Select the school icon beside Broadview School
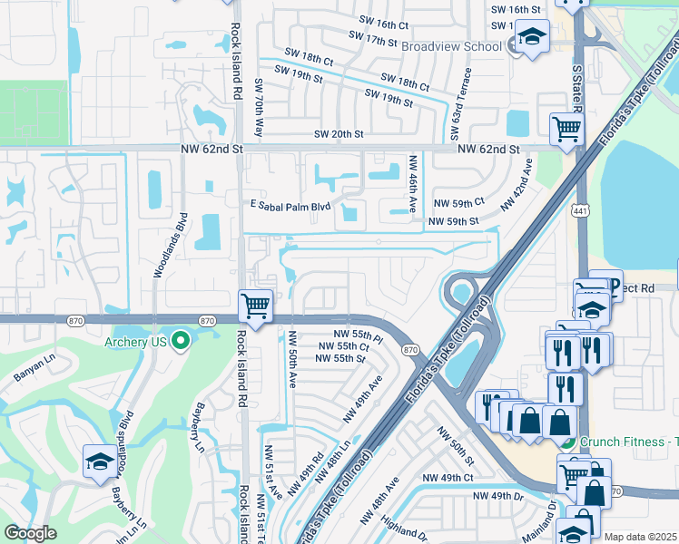point(530,38)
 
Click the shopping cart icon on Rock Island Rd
point(256,306)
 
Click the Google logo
point(30,533)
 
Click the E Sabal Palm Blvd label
point(290,206)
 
